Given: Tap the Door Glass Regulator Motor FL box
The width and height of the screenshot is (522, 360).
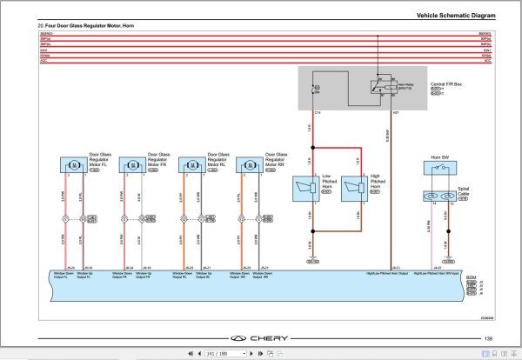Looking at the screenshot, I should click(x=73, y=164).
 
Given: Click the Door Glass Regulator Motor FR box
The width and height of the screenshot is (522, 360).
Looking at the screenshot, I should click(x=132, y=164).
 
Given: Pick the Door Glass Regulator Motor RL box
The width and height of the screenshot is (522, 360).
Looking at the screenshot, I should click(x=191, y=164).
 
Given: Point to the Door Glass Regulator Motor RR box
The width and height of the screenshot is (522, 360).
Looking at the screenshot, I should click(x=250, y=164).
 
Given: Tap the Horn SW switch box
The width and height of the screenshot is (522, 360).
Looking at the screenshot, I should click(x=440, y=170).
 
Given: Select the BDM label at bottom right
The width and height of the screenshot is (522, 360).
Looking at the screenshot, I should click(x=472, y=277).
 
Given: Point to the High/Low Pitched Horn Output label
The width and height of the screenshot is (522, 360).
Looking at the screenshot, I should click(x=388, y=273).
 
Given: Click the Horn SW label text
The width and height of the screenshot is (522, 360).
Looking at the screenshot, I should click(x=439, y=157).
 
